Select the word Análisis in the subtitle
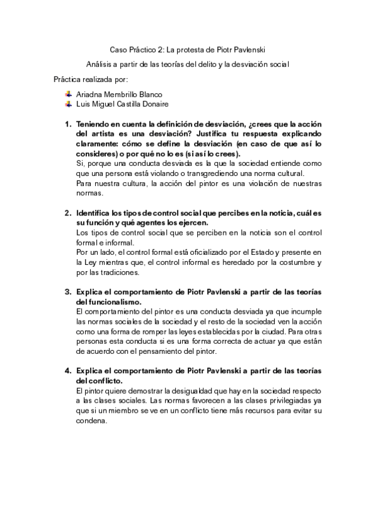[x=101, y=64]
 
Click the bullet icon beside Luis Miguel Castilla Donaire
[x=68, y=105]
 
